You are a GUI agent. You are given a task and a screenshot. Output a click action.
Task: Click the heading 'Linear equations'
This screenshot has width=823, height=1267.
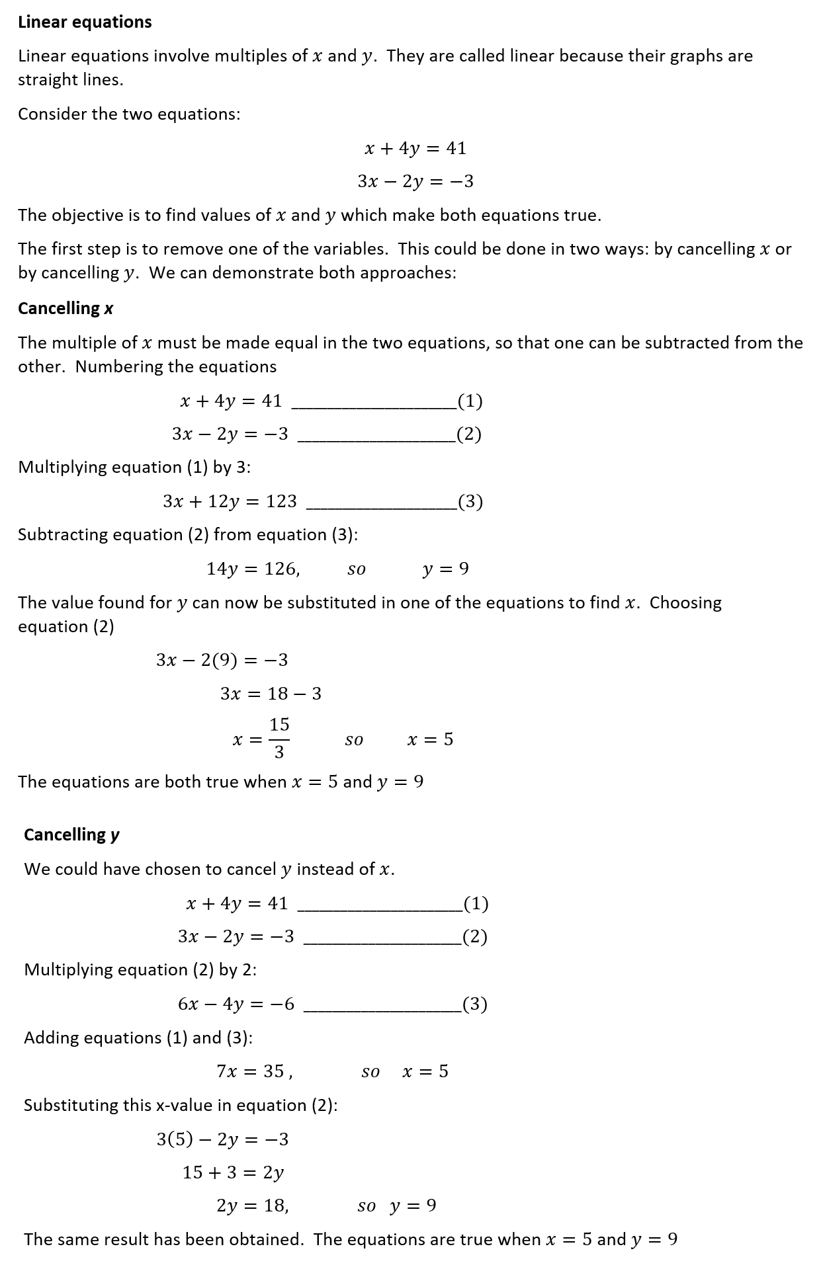[85, 22]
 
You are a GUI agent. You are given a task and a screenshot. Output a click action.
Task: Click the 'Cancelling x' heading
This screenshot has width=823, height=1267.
[65, 309]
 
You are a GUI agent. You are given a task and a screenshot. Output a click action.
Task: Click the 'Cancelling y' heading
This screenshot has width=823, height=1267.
[71, 835]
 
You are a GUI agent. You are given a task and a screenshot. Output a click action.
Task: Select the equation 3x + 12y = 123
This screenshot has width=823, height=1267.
[230, 502]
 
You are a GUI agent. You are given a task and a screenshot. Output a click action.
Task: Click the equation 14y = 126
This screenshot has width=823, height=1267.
[253, 569]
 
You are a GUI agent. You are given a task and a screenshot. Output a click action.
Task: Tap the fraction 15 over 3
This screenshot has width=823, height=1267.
[279, 739]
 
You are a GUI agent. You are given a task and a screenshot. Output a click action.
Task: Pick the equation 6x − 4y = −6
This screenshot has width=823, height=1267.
[236, 1004]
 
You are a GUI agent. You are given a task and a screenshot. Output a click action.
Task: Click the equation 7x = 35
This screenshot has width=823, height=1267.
[254, 1071]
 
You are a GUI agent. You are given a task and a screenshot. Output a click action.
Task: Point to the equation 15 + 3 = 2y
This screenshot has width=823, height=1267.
[233, 1172]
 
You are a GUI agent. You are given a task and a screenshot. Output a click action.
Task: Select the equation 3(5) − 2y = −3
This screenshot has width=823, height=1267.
[222, 1139]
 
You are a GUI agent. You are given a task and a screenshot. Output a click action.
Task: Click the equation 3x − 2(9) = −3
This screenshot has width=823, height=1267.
[222, 660]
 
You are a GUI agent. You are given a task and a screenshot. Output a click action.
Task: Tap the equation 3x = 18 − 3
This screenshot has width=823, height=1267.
[271, 694]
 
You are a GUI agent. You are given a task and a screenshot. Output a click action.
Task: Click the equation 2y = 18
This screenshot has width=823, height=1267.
[252, 1206]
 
